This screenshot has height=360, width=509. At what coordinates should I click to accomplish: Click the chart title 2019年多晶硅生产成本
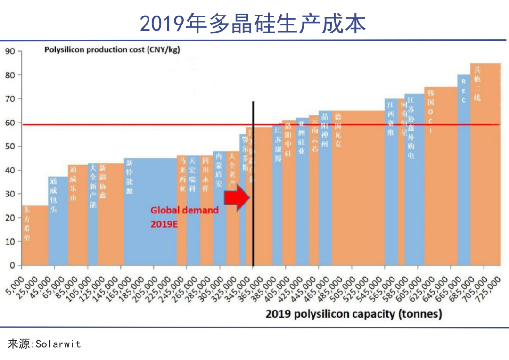point(253,23)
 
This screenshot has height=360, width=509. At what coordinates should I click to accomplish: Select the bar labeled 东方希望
point(34,236)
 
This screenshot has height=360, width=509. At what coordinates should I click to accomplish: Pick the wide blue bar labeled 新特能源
point(150,212)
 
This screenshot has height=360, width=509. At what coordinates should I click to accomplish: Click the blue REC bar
point(464,170)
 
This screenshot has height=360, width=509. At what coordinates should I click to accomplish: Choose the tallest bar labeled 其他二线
point(485,165)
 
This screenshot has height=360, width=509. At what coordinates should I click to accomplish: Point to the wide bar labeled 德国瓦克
point(358,188)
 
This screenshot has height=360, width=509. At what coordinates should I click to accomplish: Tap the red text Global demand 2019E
point(185,217)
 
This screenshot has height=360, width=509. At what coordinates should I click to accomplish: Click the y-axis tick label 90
point(10,51)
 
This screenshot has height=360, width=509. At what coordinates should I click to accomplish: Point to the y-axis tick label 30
point(10,194)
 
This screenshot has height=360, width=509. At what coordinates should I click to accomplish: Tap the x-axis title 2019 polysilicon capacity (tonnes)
point(353,314)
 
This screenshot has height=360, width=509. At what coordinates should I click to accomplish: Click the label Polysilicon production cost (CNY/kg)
point(112,49)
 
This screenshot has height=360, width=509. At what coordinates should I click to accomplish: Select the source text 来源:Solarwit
point(44,344)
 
